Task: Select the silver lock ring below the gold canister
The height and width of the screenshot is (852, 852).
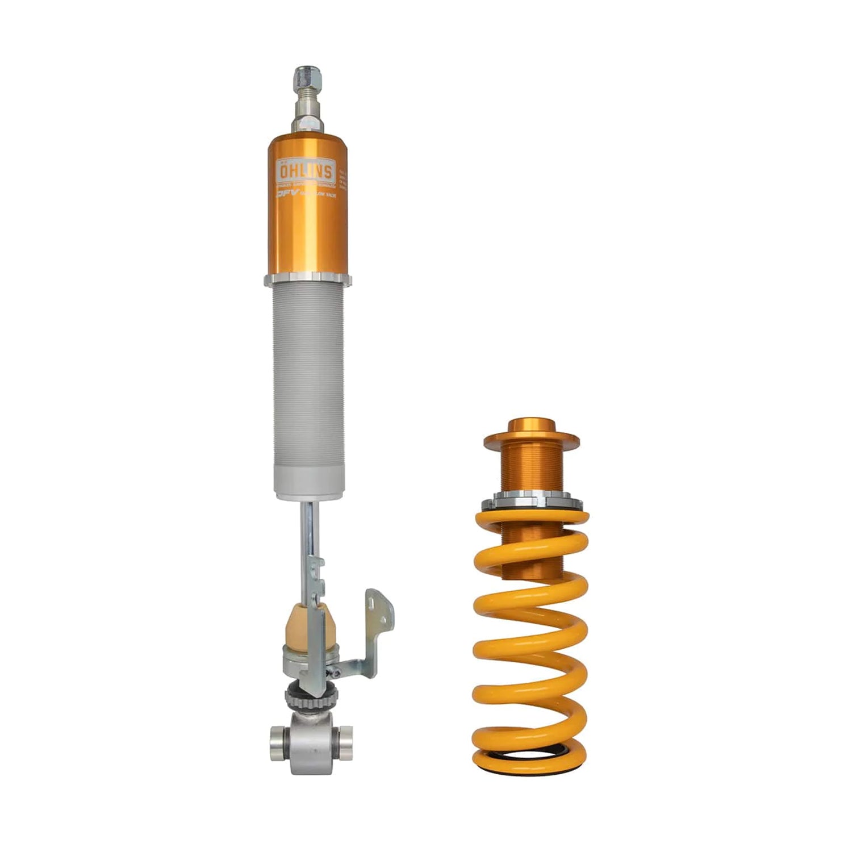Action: [x=307, y=279]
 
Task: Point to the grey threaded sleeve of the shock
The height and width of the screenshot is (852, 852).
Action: [x=307, y=375]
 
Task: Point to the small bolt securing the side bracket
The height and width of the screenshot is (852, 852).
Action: [x=337, y=673]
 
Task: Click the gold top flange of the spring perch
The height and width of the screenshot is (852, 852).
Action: [x=531, y=438]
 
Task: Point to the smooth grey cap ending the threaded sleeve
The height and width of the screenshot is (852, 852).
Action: [x=307, y=483]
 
